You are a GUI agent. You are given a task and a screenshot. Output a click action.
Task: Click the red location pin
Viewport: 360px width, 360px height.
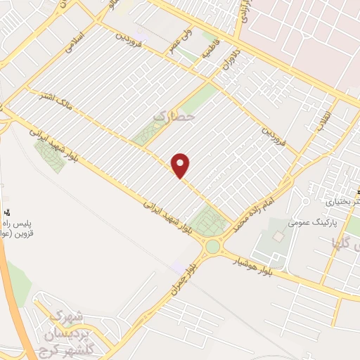pyautogui.click(x=181, y=165)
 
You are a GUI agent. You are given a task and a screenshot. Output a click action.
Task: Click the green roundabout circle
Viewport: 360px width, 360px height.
pyautogui.click(x=212, y=246)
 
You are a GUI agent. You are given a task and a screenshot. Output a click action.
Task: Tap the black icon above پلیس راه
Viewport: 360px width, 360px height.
pyautogui.click(x=9, y=210)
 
